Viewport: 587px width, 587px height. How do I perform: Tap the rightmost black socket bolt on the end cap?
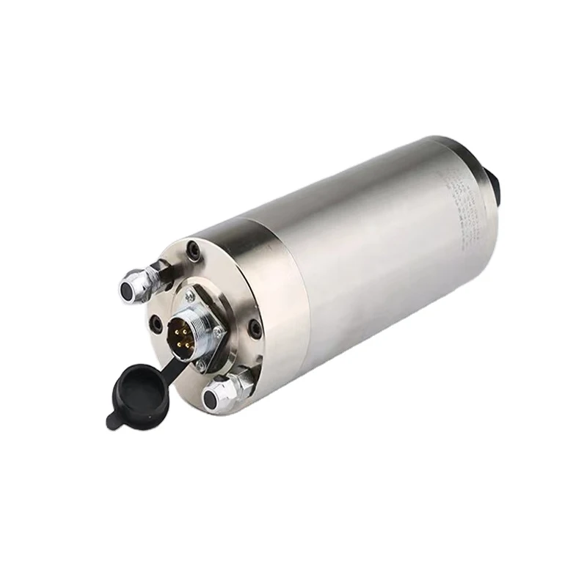[255, 327]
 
